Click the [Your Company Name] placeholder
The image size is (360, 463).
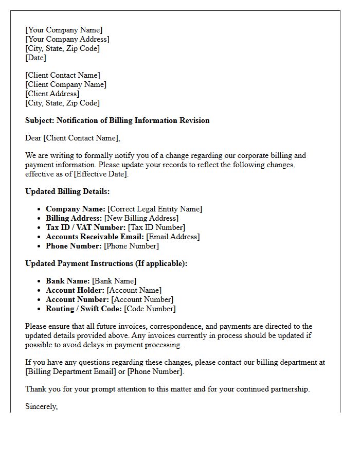point(64,30)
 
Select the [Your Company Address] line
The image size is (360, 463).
point(67,39)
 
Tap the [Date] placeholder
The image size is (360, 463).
point(35,58)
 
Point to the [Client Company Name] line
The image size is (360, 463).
point(66,84)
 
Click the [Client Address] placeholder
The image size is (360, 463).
point(52,94)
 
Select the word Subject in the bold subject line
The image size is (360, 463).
point(40,120)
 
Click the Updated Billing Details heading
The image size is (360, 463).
point(67,191)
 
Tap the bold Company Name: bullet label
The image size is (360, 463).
point(75,209)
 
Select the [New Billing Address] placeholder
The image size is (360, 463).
point(141,218)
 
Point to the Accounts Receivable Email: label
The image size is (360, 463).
point(95,237)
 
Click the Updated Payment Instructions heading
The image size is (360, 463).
point(106,263)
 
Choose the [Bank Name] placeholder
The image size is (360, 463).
point(114,281)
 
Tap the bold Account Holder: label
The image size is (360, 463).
point(75,290)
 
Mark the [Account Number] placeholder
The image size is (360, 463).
point(142,299)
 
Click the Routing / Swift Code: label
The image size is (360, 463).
point(83,309)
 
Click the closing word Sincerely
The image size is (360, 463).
point(41,406)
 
